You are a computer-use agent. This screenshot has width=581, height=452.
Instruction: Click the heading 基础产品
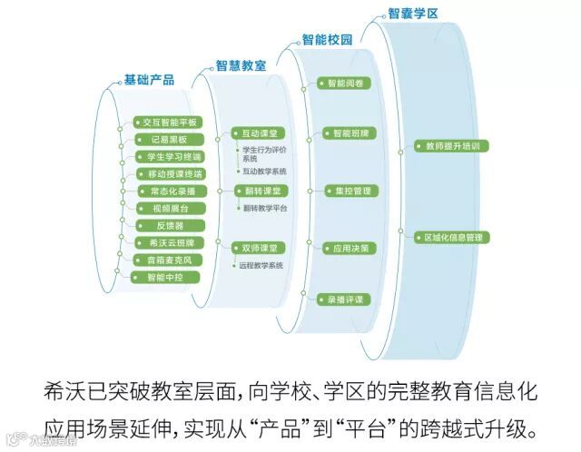coord(149,81)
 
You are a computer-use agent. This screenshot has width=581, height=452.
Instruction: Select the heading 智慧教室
coord(241,66)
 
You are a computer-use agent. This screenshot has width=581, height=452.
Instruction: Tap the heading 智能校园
coord(326,42)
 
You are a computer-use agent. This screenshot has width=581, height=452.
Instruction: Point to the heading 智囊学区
coord(413,15)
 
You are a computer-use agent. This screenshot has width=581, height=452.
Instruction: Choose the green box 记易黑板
coord(168,140)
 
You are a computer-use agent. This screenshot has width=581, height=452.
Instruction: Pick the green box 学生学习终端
coord(168,157)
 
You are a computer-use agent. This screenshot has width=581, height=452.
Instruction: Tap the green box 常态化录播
coord(168,192)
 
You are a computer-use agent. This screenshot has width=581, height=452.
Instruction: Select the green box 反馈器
coord(168,225)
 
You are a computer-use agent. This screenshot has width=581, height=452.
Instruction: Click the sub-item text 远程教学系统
coord(261,265)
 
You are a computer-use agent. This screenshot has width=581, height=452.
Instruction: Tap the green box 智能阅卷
coord(345,84)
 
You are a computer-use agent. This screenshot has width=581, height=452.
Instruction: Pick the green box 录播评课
coord(345,298)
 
